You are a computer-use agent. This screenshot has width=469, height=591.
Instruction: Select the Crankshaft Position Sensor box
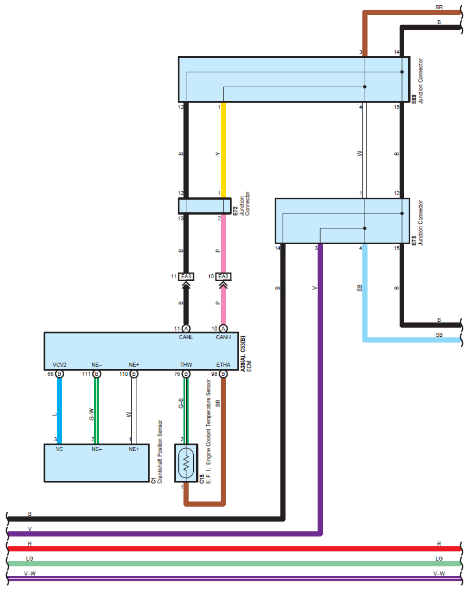(97, 462)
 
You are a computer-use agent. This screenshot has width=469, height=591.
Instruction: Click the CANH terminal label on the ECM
(223, 337)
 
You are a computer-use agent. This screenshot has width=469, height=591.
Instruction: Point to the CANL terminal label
(186, 337)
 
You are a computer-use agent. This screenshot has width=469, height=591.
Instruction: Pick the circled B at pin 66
(60, 374)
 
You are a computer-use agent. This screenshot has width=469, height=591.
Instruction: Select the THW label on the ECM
(186, 364)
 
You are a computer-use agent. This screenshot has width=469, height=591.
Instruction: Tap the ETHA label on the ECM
(223, 364)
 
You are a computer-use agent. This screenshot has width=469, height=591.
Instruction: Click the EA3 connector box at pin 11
(186, 277)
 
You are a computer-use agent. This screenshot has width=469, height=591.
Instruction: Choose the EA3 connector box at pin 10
(223, 277)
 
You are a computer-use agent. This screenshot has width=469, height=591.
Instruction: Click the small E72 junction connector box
(204, 205)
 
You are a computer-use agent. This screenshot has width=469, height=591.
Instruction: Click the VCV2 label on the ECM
(60, 364)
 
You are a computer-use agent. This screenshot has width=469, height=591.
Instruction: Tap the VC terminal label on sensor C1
(60, 449)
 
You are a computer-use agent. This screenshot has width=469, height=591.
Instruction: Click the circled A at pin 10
(223, 328)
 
